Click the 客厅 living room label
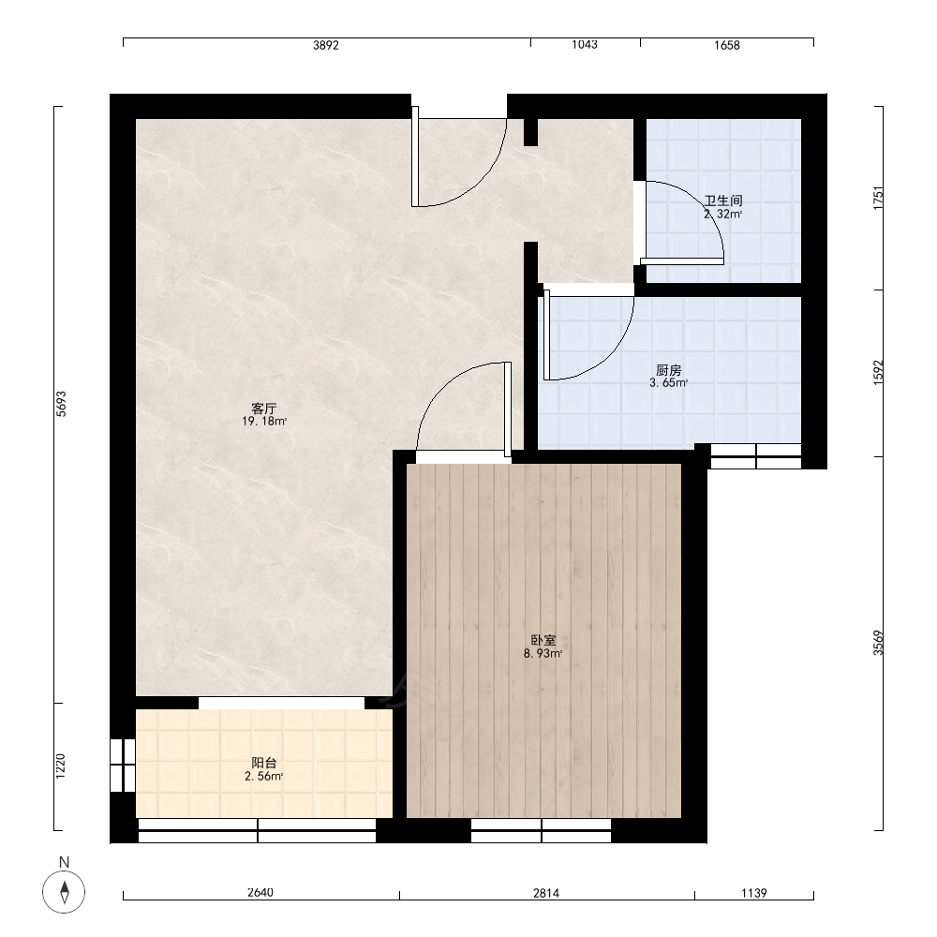pos(263,409)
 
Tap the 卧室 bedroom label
pos(543,640)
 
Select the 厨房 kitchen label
pos(669,370)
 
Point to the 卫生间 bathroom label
pos(723,201)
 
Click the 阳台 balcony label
pos(263,763)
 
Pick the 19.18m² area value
pos(264,422)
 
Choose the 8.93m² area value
pos(543,653)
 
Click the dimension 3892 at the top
pos(326,45)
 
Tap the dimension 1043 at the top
pos(585,44)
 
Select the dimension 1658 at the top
pos(727,45)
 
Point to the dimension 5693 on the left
pos(61,403)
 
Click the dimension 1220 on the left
pos(60,766)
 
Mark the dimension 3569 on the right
pos(878,643)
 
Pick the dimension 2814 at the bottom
pos(546,893)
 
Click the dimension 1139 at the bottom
pos(754,893)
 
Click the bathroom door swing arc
pos(706,201)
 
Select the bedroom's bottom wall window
pos(542,830)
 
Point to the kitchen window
pos(756,456)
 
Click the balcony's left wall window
pos(123,766)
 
